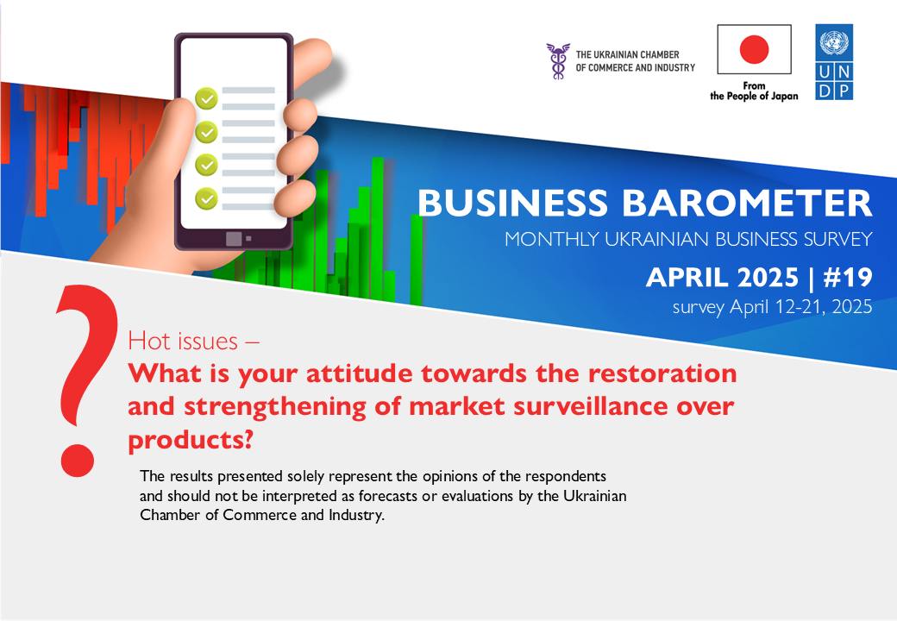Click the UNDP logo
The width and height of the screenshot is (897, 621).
point(834,62)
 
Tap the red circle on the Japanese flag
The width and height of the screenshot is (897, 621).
point(754,48)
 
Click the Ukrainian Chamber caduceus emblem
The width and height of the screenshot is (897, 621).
point(558,60)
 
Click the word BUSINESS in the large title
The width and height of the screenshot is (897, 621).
point(512,203)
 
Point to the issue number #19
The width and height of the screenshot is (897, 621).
point(848,278)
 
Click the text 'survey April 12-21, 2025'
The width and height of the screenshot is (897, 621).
point(772,307)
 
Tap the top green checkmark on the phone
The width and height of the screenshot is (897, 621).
point(206,98)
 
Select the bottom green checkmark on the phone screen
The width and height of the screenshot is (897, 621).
point(206,198)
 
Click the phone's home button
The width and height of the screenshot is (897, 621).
point(234,238)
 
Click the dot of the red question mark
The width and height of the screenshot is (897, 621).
point(78,460)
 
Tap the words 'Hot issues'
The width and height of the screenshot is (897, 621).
point(183,341)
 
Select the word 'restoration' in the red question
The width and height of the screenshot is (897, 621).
point(662,373)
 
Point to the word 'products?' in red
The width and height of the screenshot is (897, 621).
point(191,440)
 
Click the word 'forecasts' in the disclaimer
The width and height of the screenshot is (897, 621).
point(388,496)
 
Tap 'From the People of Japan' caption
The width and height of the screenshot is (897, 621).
point(754,91)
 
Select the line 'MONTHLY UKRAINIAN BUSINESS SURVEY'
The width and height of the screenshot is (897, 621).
point(689,239)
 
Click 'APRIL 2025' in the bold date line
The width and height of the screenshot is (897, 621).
point(722,278)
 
